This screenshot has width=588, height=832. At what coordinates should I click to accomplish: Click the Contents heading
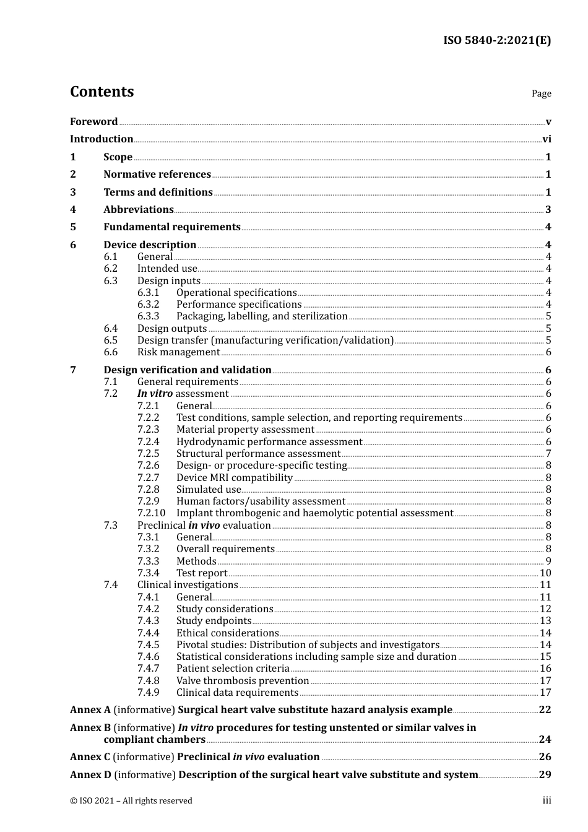pos(102,92)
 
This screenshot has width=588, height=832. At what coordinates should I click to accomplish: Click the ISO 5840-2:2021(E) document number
pos(496,41)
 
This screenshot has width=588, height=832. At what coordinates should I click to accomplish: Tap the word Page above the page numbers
pos(541,93)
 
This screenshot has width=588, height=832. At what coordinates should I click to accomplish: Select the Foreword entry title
pos(93,122)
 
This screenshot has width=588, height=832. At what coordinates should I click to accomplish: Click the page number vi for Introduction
pos(547,139)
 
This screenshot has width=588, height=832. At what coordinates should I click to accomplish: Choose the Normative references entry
pos(157,175)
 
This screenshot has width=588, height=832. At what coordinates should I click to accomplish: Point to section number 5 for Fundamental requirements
pos(73,227)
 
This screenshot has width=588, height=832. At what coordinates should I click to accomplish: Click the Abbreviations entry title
pos(139,210)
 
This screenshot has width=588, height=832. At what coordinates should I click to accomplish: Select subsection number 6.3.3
pos(148,316)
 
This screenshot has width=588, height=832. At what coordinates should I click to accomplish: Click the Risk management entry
pos(178,352)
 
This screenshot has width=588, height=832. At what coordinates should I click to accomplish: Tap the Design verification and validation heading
pos(188,370)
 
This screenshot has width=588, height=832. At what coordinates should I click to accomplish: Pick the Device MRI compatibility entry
pos(234,478)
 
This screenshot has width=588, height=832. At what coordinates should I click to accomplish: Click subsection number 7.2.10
pos(151,513)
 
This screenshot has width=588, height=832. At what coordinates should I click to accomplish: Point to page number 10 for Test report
pos(545,573)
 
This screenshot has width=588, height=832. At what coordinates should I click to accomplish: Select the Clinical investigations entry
pos(188,585)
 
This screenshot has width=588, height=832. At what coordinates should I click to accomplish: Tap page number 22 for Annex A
pos(545,710)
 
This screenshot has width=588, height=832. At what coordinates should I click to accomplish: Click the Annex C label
pos(90,757)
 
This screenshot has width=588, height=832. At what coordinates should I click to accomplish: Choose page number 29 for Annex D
pos(545,775)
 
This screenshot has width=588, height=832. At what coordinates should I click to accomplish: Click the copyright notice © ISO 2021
pos(131,801)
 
